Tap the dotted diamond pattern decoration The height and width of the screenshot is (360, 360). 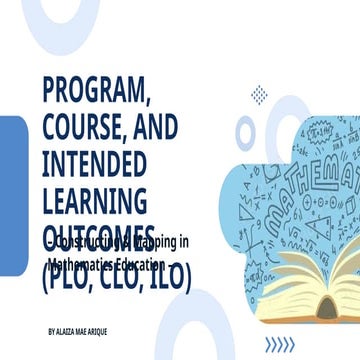coord(260,95)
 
